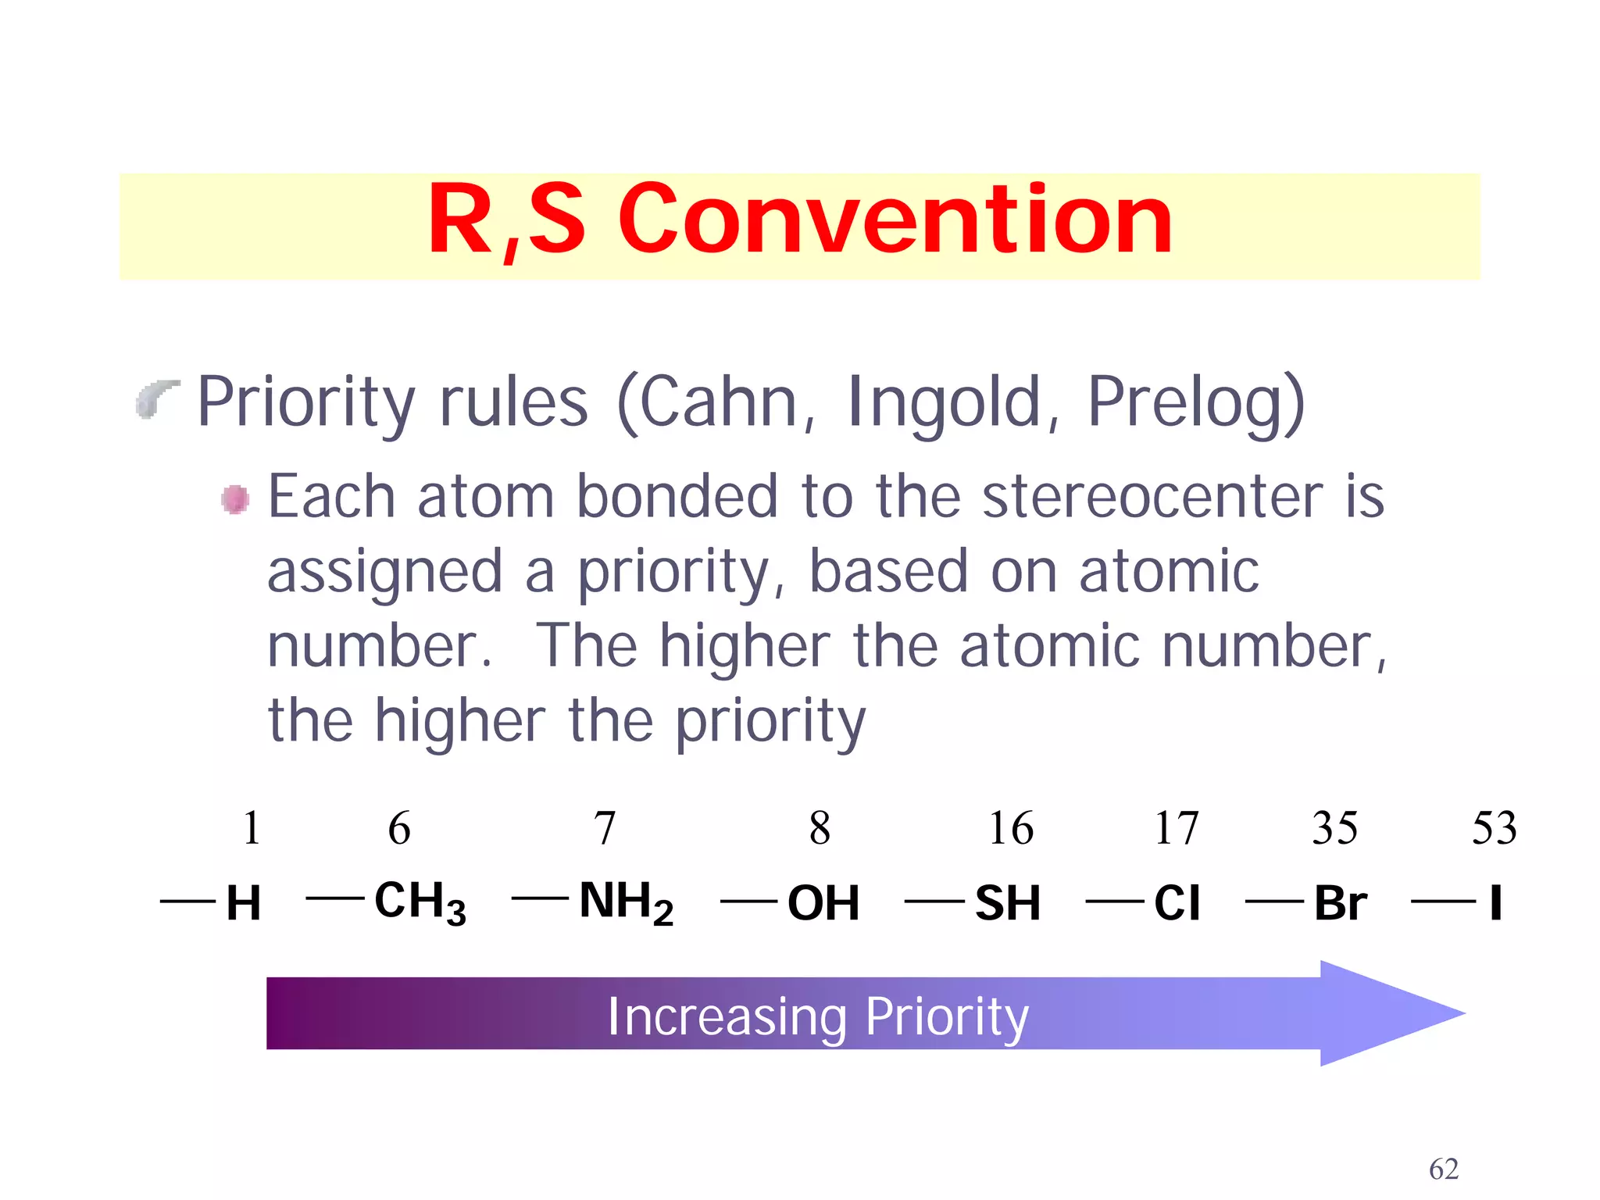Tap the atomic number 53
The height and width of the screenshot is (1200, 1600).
[1494, 828]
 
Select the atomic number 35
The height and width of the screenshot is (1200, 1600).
[1334, 828]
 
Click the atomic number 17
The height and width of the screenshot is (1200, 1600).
[1176, 828]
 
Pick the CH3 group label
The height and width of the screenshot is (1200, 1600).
[420, 902]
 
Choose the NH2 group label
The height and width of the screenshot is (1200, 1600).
[626, 902]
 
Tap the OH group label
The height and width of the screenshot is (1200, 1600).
[823, 903]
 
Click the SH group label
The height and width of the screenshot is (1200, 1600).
[1007, 903]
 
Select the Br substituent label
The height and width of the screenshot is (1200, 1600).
[1340, 903]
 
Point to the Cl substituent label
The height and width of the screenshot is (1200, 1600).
[1176, 903]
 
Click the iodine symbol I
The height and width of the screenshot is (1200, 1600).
[1495, 903]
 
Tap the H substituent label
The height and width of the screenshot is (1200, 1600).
[243, 903]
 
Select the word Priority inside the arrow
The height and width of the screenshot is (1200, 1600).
[947, 1016]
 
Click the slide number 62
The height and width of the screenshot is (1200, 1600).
[1443, 1169]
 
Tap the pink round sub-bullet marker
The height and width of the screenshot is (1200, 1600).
[235, 499]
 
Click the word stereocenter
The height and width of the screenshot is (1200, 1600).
[1152, 497]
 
